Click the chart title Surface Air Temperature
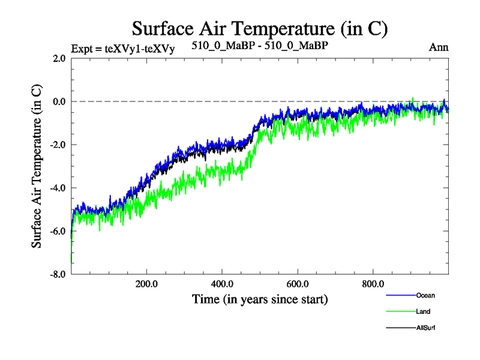(260, 28)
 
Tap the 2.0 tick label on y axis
(59, 58)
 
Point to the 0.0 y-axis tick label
(59, 101)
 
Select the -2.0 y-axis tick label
(58, 145)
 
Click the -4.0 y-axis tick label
(58, 188)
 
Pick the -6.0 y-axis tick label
(58, 231)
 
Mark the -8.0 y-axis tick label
(58, 274)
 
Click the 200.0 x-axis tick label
(146, 284)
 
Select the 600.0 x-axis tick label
(298, 284)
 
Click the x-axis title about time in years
(260, 298)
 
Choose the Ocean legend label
(425, 295)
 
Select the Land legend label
(423, 311)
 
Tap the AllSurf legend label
(425, 328)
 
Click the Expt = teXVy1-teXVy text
(123, 49)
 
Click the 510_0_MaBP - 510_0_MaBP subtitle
(260, 45)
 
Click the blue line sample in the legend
(400, 295)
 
